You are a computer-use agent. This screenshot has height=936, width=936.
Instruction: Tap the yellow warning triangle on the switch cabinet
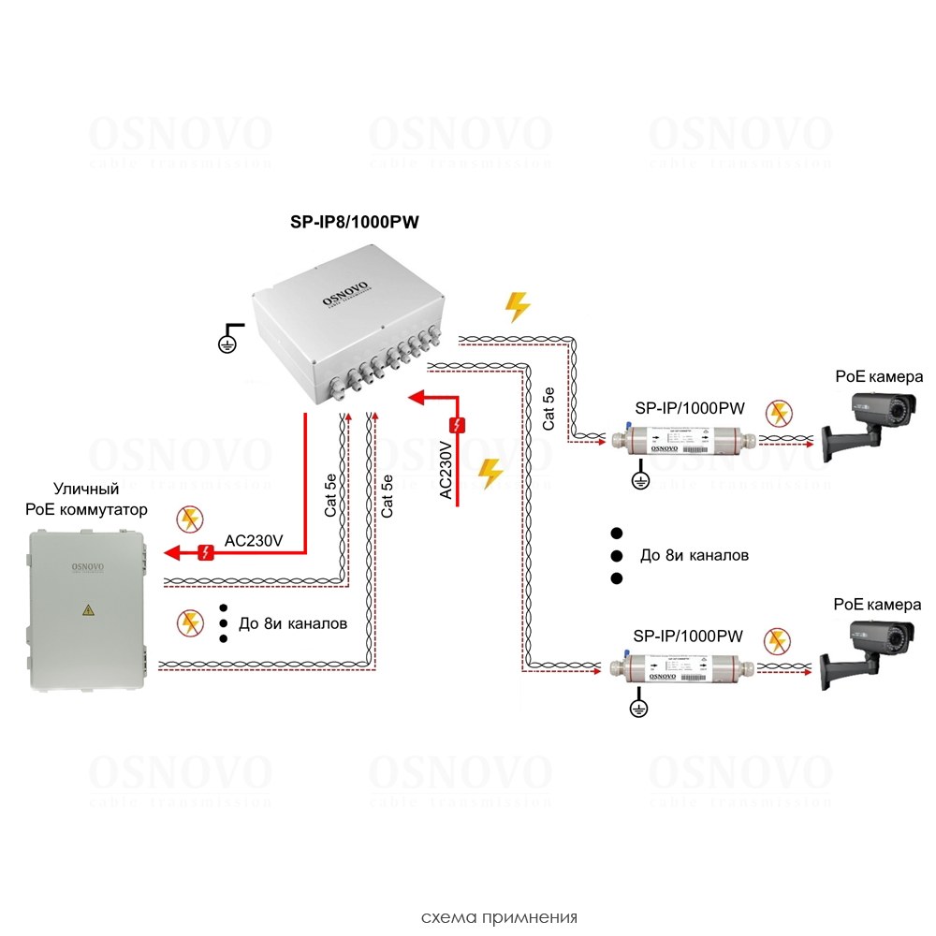tap(88, 610)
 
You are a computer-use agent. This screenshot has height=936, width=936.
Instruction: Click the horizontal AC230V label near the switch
tap(253, 541)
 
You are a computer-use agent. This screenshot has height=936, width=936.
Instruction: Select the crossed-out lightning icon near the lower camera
tap(777, 641)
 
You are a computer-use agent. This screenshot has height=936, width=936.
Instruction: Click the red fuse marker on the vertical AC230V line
tap(457, 427)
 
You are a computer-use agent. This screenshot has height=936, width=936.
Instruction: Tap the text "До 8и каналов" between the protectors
tap(694, 555)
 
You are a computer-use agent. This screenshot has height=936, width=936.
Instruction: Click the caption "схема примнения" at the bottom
tap(499, 916)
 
